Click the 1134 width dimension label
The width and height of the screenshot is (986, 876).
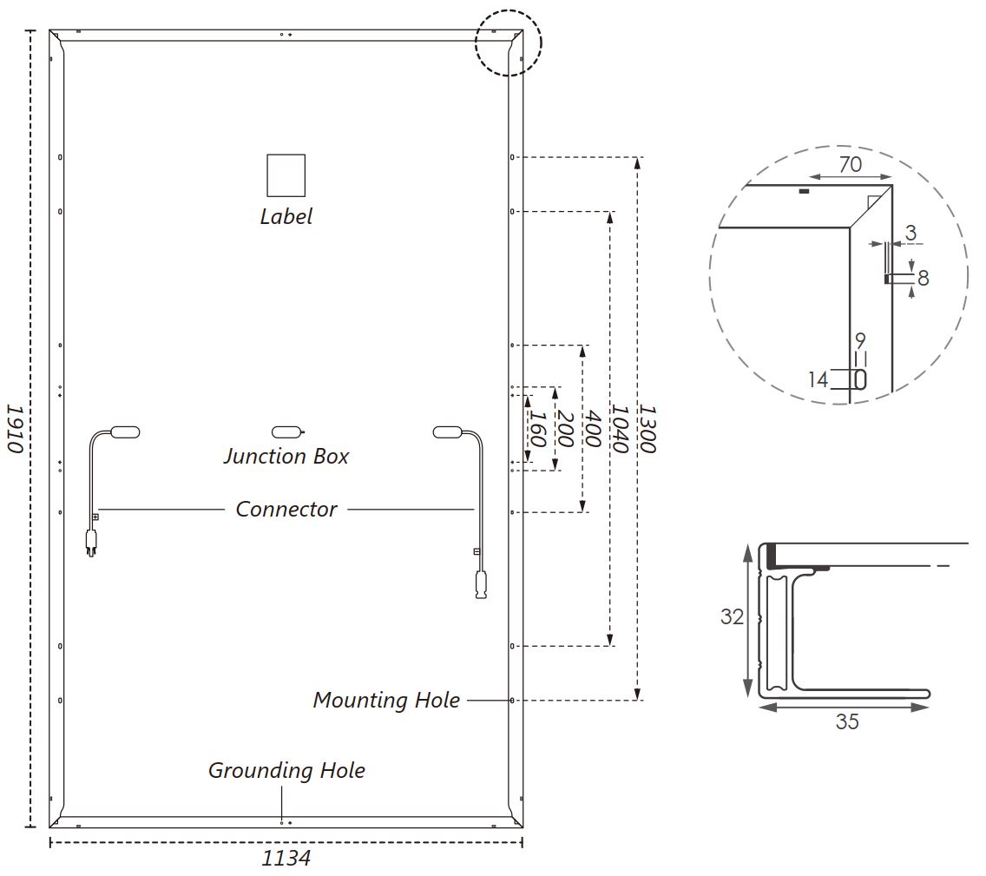pos(286,858)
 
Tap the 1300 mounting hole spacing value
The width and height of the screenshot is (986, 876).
pos(647,429)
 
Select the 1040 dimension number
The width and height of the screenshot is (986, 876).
pos(620,429)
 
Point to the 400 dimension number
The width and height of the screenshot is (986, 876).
pos(593,428)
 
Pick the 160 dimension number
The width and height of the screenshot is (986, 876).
pos(537,429)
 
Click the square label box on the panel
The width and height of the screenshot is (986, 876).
pos(286,175)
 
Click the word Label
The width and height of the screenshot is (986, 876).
pos(286,216)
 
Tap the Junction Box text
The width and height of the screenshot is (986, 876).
pos(286,456)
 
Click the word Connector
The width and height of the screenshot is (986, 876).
pos(286,509)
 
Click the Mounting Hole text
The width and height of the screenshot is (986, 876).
pos(386,700)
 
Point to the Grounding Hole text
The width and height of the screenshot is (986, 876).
pos(286,770)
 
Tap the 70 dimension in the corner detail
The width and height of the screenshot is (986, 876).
pos(851,164)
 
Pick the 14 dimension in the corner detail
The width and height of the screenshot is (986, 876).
pos(818,379)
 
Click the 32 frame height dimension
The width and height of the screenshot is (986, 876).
pos(732,616)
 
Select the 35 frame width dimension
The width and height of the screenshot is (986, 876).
pos(847,721)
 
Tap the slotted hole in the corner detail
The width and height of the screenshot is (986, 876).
pos(860,379)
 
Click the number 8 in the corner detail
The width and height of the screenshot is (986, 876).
pos(924,277)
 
